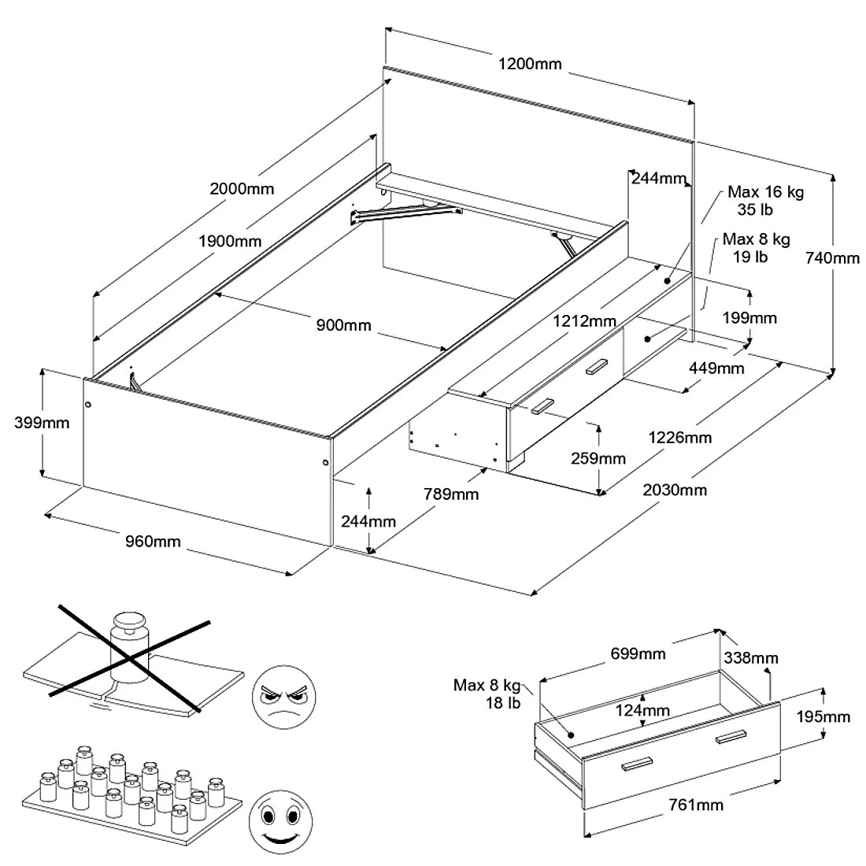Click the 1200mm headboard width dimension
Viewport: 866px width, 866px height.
(x=530, y=64)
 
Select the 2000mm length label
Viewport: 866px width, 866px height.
(x=242, y=189)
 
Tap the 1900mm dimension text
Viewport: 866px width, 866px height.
(x=230, y=241)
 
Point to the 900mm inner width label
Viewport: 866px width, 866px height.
(x=343, y=325)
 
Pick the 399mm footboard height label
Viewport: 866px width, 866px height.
(x=42, y=423)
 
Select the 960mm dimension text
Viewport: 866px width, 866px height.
(x=153, y=542)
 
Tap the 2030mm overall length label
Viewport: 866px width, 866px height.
(x=675, y=490)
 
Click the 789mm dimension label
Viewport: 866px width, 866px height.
(x=451, y=494)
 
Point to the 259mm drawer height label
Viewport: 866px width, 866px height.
(x=599, y=458)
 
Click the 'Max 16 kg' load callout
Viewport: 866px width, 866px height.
(x=765, y=192)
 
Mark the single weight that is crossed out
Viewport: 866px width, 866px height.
(x=131, y=645)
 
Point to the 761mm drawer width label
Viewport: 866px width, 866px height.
(x=696, y=805)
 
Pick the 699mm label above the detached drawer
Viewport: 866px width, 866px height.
(x=638, y=654)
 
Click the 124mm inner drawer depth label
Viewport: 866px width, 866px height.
(x=643, y=711)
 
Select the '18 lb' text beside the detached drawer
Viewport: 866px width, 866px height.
(x=504, y=703)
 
